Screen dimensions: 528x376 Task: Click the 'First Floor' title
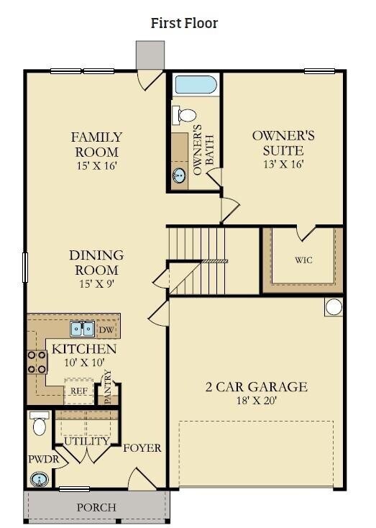pos(184,23)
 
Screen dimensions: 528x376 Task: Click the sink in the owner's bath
pos(179,173)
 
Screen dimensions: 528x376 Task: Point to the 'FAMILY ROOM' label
pos(96,144)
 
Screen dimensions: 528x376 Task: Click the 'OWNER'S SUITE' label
pos(283,142)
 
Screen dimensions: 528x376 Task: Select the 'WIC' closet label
pos(303,260)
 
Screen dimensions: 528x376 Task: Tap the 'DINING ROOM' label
pos(96,263)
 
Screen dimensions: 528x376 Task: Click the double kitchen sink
pos(83,329)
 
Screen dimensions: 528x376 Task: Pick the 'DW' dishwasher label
pos(106,329)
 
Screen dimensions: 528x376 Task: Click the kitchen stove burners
pos(37,362)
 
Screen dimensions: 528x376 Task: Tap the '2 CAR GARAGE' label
pos(256,387)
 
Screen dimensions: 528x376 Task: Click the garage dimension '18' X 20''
pos(256,401)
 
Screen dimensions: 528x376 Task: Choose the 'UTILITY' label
pos(86,441)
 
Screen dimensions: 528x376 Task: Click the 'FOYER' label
pos(142,448)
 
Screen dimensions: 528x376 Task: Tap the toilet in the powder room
pos(40,424)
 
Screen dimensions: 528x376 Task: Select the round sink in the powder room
pos(40,478)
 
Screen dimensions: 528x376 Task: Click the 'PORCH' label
pos(96,507)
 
